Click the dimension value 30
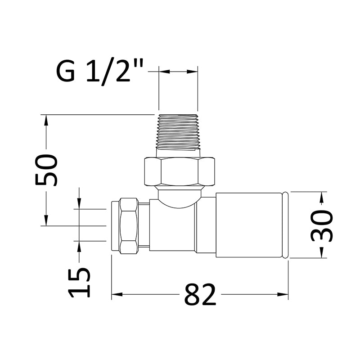(322, 225)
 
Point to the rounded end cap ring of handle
(285, 225)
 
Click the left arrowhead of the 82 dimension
(115, 295)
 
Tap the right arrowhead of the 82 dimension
(284, 295)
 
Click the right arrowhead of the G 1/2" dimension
(194, 71)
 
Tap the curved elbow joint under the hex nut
(179, 198)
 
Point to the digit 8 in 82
(192, 296)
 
